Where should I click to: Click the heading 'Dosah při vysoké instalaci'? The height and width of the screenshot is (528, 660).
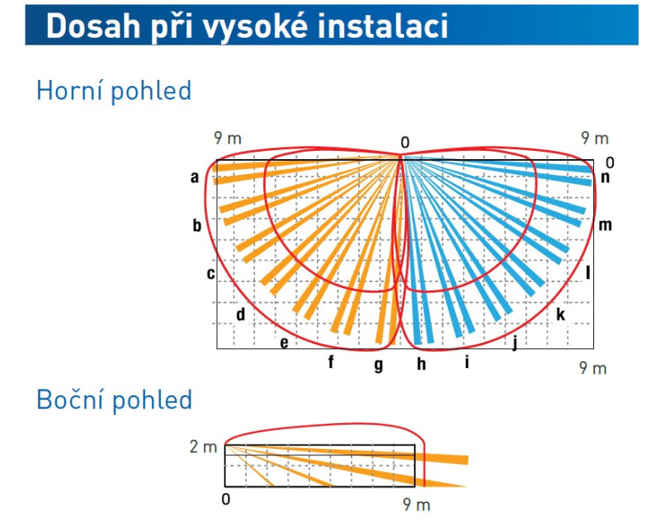click(x=247, y=26)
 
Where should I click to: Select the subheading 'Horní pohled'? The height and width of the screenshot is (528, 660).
click(x=114, y=91)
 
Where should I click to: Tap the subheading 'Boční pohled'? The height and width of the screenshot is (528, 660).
click(x=115, y=399)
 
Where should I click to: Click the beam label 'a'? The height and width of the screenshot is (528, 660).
click(x=195, y=177)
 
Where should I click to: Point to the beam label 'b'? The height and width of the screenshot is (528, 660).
click(x=197, y=225)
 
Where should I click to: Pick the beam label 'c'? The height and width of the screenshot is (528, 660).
click(x=211, y=274)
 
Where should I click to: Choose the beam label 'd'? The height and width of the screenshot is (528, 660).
click(x=240, y=314)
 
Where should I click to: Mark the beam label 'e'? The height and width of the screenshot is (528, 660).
click(x=285, y=342)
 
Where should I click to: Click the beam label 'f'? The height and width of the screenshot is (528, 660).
click(x=331, y=361)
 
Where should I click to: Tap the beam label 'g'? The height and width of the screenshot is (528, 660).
click(x=379, y=365)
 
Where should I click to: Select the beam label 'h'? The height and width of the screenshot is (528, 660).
click(x=422, y=364)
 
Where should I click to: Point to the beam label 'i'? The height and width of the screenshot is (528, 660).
click(x=467, y=361)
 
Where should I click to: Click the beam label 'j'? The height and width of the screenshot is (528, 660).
click(x=514, y=343)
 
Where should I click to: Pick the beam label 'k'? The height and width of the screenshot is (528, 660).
click(x=561, y=314)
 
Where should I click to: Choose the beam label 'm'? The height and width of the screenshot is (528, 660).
click(x=605, y=226)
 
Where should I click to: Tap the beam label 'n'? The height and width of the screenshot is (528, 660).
click(x=606, y=178)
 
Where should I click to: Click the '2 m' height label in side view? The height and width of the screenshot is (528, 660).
click(x=203, y=446)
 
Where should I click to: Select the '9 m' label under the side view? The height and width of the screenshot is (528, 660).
click(x=417, y=504)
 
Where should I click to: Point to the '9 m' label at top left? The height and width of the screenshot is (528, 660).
click(x=228, y=138)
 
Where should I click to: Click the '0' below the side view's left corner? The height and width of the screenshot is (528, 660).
click(x=226, y=499)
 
